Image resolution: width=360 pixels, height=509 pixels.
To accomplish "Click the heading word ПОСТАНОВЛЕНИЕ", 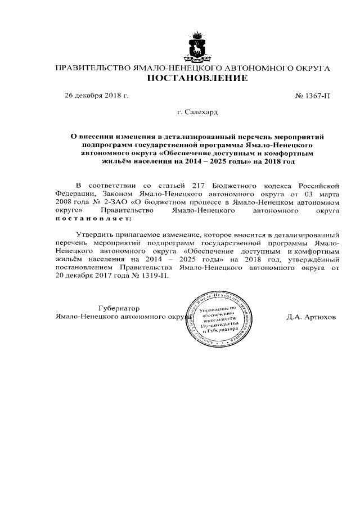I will pos(197,79).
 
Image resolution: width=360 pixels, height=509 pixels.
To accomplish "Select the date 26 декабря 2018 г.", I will pos(97,96).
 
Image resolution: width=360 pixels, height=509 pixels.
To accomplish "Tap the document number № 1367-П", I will pos(312,96).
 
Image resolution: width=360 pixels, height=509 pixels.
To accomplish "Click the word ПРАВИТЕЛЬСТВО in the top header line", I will pos(92,68).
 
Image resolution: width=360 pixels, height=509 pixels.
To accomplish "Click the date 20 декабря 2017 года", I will pos(92,277).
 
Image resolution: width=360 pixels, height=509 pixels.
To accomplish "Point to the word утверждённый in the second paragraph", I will pos(312,260).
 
